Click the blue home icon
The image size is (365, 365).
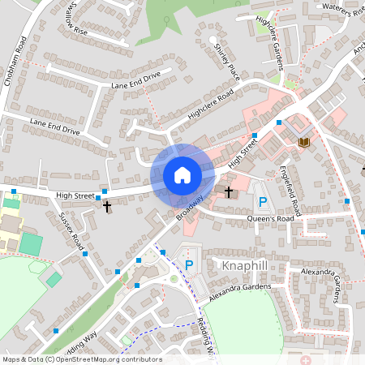(x=182, y=175)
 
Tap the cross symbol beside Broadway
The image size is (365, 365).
(x=229, y=192)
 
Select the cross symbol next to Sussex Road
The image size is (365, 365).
(x=107, y=207)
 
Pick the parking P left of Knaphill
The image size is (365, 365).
(x=189, y=264)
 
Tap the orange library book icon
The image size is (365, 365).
(x=304, y=143)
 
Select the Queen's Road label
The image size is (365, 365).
(x=271, y=219)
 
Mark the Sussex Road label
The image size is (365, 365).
(x=72, y=231)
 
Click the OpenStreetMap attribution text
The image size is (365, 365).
(x=82, y=359)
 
